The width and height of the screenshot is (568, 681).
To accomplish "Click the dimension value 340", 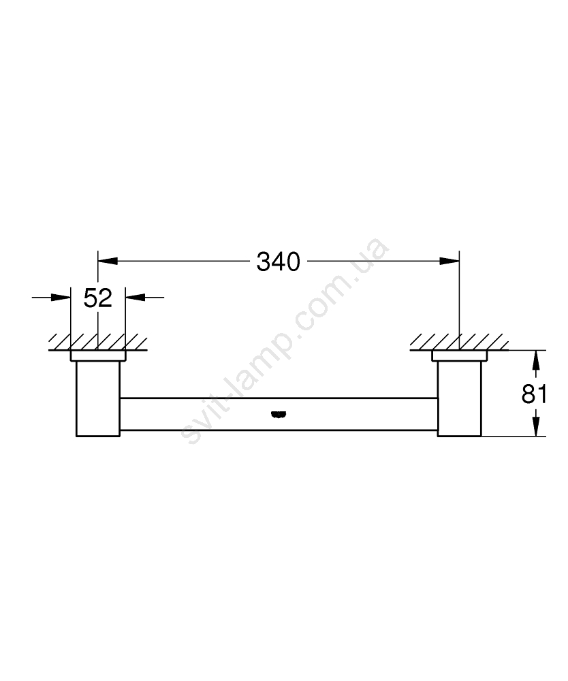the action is [x=279, y=262].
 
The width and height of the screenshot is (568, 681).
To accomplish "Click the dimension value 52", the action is [x=97, y=298].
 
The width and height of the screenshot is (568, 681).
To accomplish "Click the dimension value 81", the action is [x=534, y=394].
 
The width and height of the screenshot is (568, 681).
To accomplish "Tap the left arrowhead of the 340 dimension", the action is [x=108, y=261].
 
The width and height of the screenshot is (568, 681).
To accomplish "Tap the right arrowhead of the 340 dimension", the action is [x=449, y=261].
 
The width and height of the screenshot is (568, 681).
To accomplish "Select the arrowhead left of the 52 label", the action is [x=61, y=298].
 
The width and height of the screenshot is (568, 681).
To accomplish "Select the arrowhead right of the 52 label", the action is [x=135, y=298].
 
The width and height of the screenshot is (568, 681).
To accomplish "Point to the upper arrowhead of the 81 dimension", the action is [x=537, y=360].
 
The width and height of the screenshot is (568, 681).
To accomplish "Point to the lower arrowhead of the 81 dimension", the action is [x=537, y=426].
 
